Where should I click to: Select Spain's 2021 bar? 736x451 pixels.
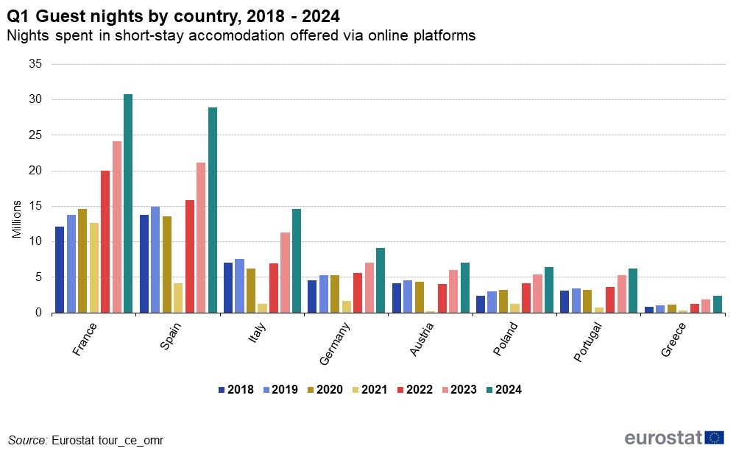[178, 298]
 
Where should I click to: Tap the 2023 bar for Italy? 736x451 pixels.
[285, 272]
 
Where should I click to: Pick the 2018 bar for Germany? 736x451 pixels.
[312, 296]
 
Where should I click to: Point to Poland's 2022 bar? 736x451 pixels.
[526, 298]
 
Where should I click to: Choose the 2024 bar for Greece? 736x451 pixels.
[718, 305]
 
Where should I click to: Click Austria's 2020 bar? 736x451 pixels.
[420, 297]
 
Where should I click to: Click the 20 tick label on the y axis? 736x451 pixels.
[34, 171]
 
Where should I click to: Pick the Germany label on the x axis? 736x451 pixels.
[335, 345]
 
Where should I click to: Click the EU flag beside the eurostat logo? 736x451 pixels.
[713, 438]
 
